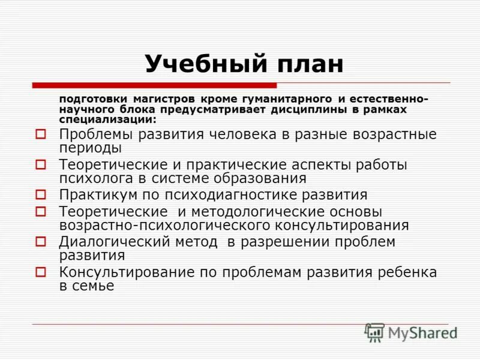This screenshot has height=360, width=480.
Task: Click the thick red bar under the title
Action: point(154,85)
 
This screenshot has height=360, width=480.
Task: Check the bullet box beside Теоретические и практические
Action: point(40,164)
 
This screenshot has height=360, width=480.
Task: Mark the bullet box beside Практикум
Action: point(40,194)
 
